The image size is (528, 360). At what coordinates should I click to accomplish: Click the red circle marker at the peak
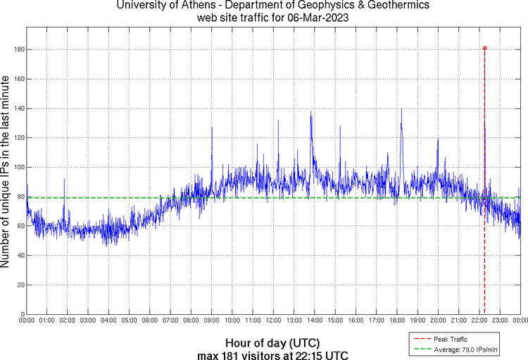(484, 49)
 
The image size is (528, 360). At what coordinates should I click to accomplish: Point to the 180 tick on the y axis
(18, 49)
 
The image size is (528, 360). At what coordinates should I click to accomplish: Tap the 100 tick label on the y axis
(18, 167)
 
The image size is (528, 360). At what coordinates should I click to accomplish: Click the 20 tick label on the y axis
(19, 285)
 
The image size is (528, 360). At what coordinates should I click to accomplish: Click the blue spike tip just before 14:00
(311, 112)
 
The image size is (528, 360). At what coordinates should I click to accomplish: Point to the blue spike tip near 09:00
(212, 137)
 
